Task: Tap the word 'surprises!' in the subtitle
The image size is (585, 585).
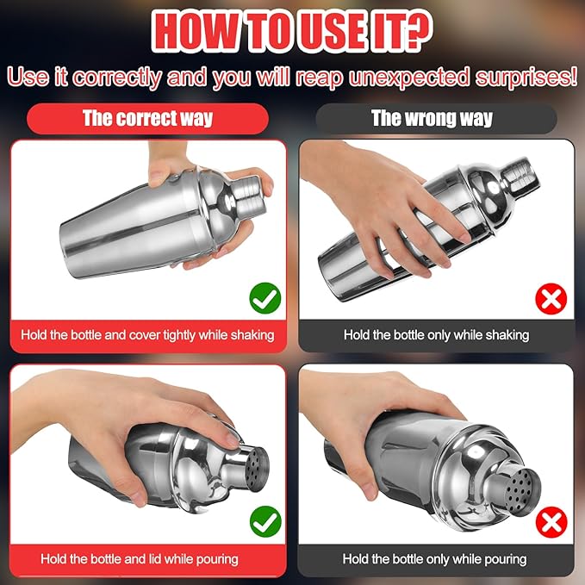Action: [526, 78]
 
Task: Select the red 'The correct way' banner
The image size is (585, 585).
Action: [147, 119]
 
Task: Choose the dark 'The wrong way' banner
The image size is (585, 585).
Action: [436, 119]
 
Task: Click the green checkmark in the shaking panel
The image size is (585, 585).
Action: [265, 298]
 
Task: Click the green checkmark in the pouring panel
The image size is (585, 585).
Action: [265, 521]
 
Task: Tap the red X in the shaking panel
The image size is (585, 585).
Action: [551, 298]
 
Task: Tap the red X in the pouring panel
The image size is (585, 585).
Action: [551, 522]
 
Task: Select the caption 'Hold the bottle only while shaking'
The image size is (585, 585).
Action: [436, 335]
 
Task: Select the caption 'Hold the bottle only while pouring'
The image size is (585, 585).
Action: [434, 559]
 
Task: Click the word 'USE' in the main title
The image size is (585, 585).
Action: [328, 32]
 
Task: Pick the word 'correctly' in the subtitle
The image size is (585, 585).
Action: [117, 78]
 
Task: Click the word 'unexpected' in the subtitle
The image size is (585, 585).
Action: [409, 78]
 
